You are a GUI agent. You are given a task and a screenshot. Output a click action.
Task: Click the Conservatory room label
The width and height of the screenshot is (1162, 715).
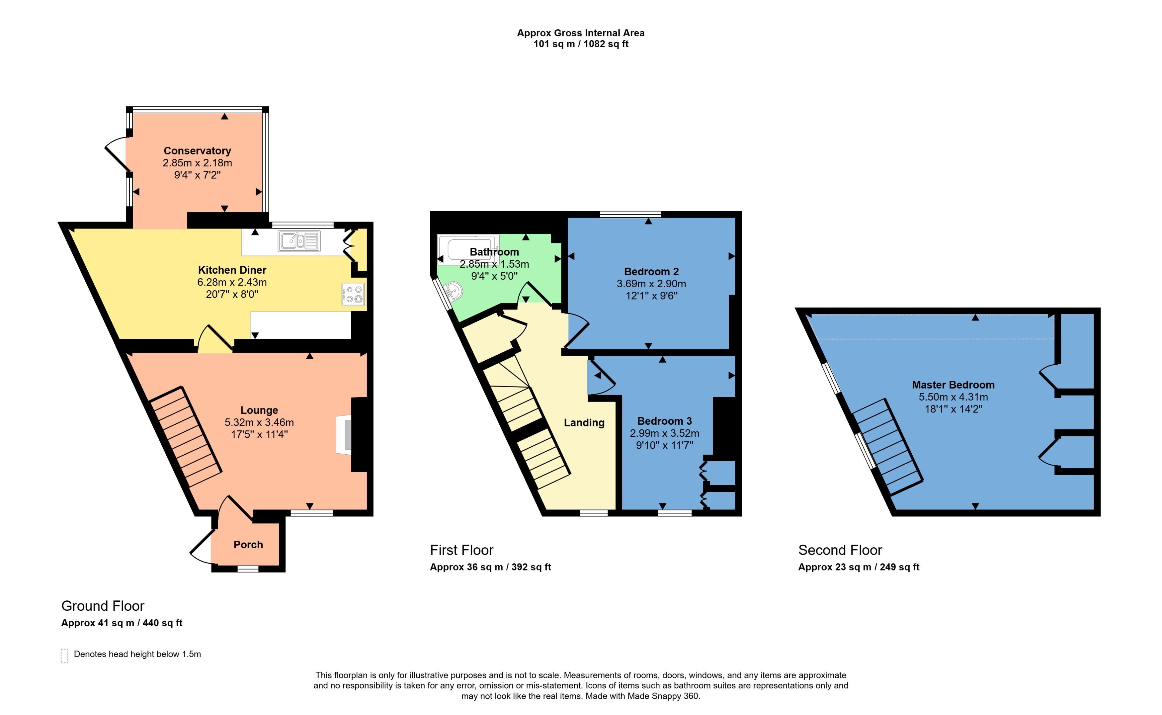point(197,151)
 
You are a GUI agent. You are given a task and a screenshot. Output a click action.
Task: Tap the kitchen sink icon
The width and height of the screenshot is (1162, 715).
point(299,241)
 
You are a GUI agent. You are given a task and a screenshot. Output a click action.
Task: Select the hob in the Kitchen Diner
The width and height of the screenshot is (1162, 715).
point(353,294)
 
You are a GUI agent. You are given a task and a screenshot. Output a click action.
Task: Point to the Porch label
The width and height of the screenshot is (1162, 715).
point(248,545)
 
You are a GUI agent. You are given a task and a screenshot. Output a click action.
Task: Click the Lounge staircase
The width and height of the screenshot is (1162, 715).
point(185,437)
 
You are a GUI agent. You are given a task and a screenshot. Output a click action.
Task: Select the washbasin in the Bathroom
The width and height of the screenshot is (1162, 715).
point(453,291)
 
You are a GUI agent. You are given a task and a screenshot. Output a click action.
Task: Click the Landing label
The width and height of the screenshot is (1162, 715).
point(584,423)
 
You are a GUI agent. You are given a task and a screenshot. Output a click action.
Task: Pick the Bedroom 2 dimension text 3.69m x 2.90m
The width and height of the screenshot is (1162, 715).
point(651,284)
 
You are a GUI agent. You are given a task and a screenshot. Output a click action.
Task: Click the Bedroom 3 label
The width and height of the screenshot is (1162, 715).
point(664,421)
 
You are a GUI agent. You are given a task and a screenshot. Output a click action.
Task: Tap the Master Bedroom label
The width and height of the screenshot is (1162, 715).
point(953,385)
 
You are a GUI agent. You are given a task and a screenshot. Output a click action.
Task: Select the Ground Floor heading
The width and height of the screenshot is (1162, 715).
point(103,606)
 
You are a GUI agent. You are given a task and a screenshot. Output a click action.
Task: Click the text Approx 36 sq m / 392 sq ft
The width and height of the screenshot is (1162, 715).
point(490,567)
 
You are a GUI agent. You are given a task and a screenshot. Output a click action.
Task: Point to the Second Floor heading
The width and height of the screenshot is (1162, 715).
point(840,550)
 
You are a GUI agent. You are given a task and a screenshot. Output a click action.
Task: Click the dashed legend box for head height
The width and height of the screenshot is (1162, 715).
point(64,656)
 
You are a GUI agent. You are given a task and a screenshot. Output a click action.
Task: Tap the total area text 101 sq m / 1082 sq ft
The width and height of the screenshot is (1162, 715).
point(581,44)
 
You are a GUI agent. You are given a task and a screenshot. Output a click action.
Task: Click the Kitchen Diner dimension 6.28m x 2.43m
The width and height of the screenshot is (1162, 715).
point(232,282)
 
